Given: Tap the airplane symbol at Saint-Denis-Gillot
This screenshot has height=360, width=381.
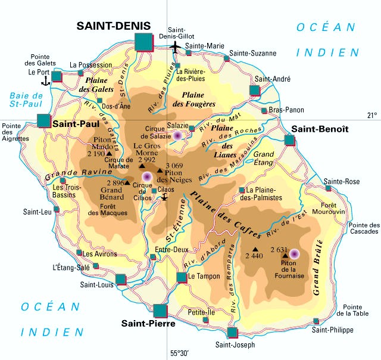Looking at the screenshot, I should coord(175,46).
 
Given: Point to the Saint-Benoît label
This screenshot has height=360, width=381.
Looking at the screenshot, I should coord(315,129).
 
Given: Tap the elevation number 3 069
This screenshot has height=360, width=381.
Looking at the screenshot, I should coord(174,165).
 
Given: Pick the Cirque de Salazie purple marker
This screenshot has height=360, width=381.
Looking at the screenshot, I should coord(177,136).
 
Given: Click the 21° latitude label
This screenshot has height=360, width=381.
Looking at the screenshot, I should coord(371,116).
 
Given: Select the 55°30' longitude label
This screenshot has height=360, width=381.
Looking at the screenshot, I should coord(180,353).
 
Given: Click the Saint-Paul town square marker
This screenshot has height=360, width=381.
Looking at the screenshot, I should coord(45,121).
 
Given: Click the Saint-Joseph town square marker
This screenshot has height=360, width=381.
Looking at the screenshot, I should coord(232,332).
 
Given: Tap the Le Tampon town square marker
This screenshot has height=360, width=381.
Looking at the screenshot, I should coord(182,277).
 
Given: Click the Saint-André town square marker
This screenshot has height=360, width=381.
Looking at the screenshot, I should coord(255,90).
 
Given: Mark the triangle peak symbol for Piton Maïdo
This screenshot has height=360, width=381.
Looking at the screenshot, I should coord(108,153).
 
